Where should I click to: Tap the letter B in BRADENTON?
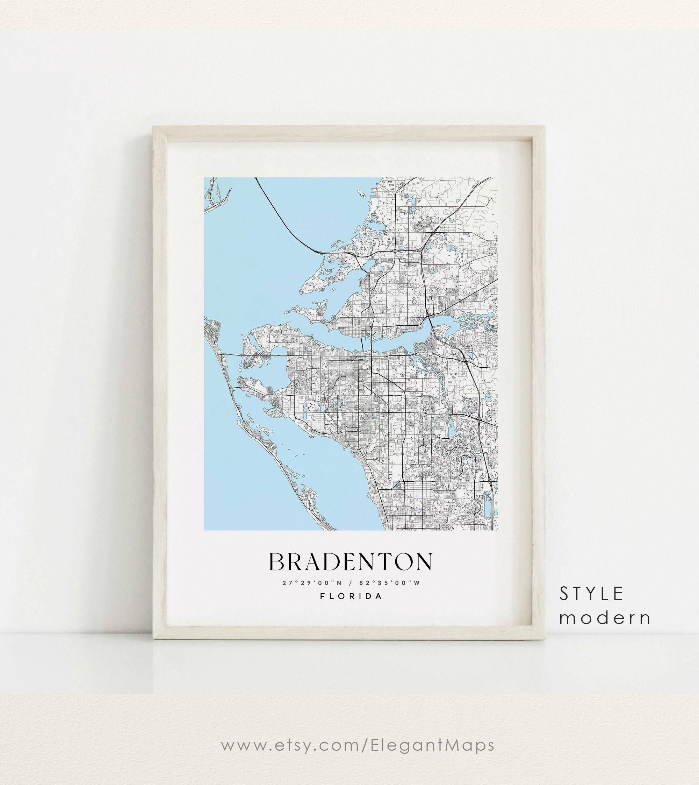coord(276,562)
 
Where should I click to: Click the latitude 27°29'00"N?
coord(312,583)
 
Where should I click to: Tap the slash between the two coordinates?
coord(351,583)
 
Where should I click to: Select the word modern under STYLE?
coord(605,618)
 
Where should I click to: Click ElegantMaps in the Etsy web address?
coord(432,745)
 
